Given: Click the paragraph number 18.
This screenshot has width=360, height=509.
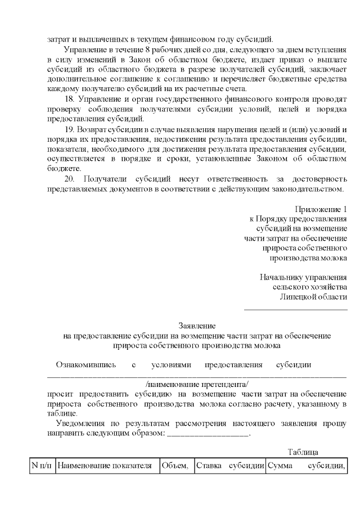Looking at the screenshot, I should [x=71, y=100].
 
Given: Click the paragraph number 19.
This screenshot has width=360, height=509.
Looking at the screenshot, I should [x=71, y=129].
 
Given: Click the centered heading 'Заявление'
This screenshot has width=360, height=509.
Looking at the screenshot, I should [x=197, y=326].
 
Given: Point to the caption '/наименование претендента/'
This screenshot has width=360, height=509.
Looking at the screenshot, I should [x=197, y=384].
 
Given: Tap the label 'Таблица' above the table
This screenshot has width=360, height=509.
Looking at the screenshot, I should [x=303, y=452].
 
